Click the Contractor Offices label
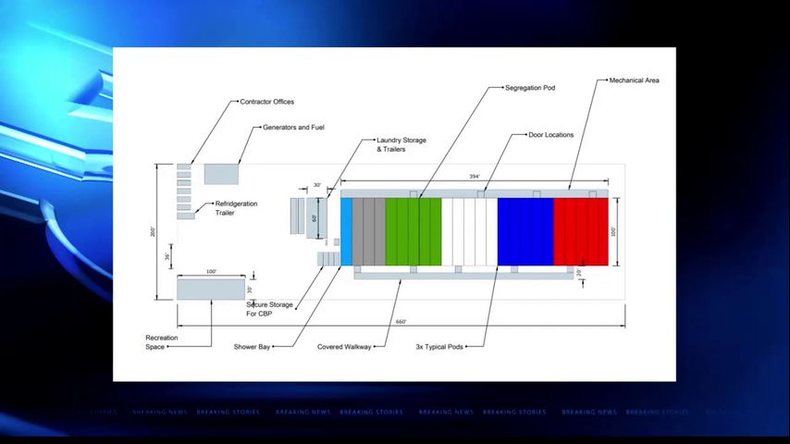click(x=266, y=102)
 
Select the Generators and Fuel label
click(x=293, y=127)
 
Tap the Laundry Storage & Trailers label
click(x=401, y=144)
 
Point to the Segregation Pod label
click(x=530, y=88)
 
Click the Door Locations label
click(x=550, y=135)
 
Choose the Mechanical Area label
click(x=634, y=80)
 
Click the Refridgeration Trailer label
click(x=236, y=208)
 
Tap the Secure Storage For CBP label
click(x=270, y=309)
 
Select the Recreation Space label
click(x=161, y=342)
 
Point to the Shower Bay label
click(x=252, y=347)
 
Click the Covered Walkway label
click(x=343, y=347)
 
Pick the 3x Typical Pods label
click(x=439, y=347)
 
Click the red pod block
click(x=581, y=231)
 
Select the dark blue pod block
click(x=525, y=231)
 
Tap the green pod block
click(x=414, y=231)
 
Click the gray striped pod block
click(x=369, y=231)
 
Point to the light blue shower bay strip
click(x=347, y=231)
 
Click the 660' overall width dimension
click(x=401, y=322)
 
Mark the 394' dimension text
click(x=475, y=177)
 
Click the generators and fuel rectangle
click(x=221, y=174)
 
